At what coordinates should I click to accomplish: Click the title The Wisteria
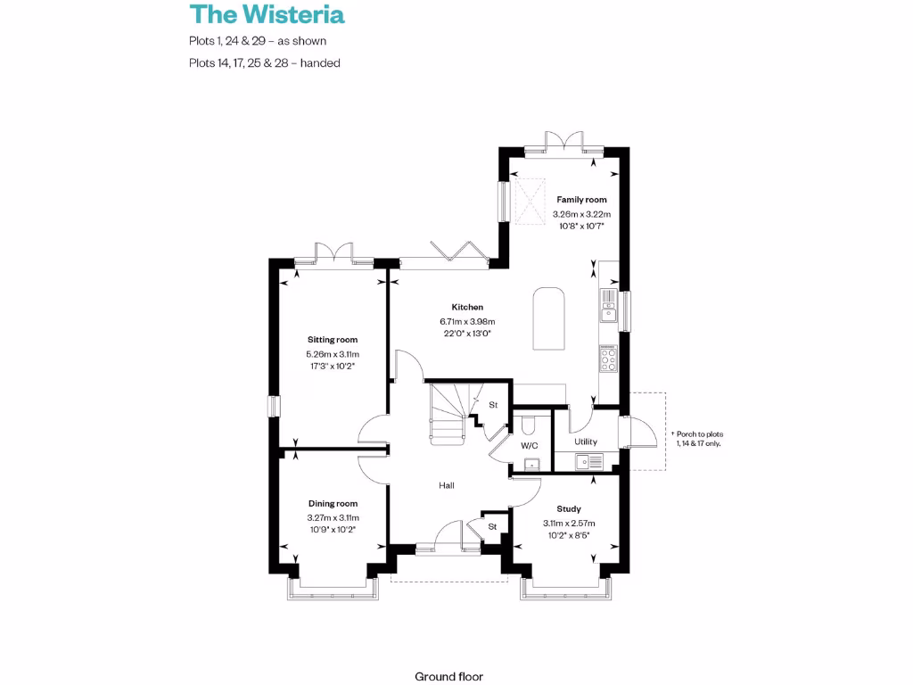click(267, 14)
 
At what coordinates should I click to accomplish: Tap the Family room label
click(581, 200)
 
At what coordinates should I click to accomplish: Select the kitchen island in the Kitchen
click(548, 319)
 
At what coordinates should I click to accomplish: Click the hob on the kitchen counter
click(609, 359)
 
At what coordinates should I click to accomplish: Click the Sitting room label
click(333, 340)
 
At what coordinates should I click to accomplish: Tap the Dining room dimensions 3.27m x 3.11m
click(333, 517)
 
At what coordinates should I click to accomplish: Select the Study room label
click(568, 509)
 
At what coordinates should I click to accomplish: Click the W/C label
click(529, 445)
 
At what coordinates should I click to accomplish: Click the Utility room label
click(586, 442)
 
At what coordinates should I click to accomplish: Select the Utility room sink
click(589, 461)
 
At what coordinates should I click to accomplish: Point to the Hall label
click(447, 485)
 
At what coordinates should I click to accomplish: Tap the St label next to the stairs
click(493, 405)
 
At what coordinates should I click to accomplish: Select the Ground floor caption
click(448, 676)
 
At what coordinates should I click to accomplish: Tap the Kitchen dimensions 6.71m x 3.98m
click(466, 321)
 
